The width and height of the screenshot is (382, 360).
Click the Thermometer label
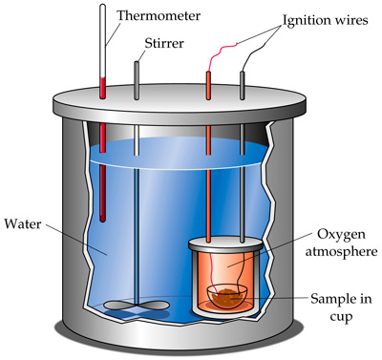(159, 15)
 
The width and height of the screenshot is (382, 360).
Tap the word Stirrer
(164, 43)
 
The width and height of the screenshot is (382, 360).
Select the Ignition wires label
(326, 21)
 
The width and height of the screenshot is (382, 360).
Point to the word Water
(23, 223)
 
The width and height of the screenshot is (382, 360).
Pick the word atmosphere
(342, 251)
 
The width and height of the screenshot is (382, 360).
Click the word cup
(341, 317)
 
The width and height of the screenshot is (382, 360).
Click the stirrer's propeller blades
(137, 306)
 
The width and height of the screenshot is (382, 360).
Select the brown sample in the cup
(226, 297)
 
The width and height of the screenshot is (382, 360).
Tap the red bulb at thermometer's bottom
(102, 217)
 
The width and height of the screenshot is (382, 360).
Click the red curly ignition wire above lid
(222, 55)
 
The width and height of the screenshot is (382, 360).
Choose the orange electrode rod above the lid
(208, 85)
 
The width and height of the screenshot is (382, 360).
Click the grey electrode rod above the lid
(243, 85)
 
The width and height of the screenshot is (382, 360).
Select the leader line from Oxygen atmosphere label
(270, 250)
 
